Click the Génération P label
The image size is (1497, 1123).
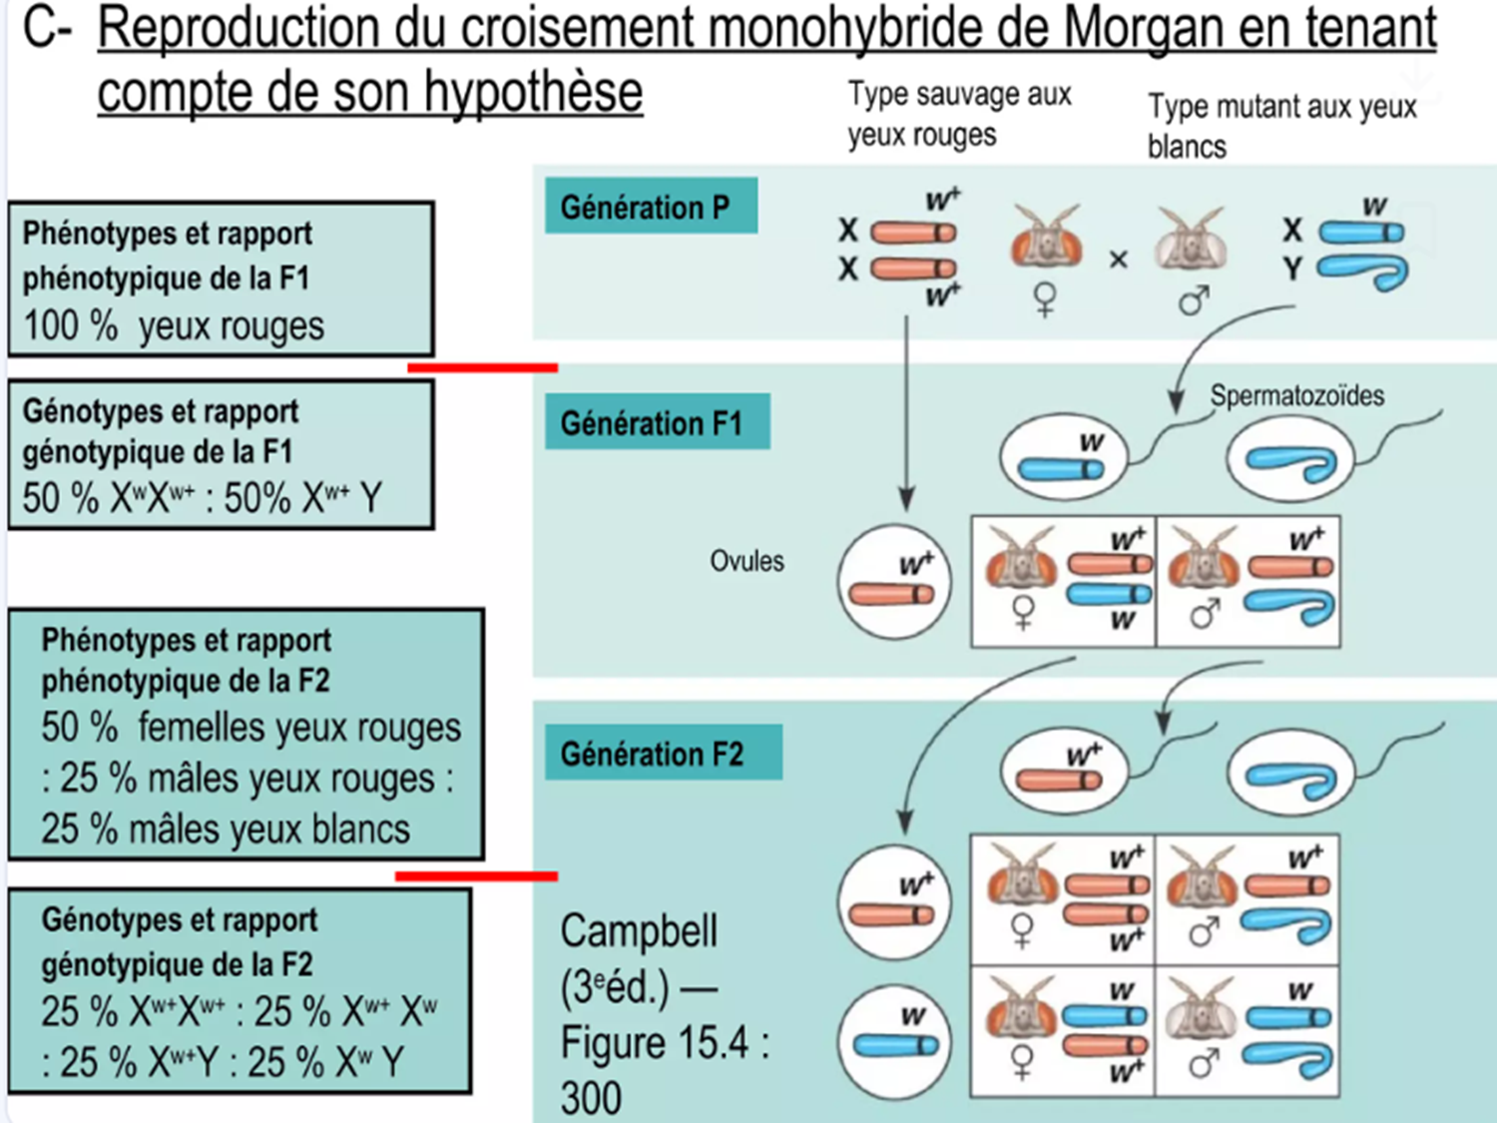[650, 207]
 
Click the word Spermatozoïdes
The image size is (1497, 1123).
[1296, 395]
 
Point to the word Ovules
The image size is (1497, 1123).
[747, 561]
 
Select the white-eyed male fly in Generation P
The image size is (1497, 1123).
[1190, 240]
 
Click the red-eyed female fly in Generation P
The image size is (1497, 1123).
[1046, 238]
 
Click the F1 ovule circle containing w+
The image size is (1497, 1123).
[893, 582]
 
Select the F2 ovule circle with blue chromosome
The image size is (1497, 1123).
[893, 1041]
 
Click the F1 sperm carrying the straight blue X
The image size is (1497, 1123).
[1064, 458]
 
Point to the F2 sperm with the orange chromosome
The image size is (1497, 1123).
[1064, 771]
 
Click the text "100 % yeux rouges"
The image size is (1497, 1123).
[174, 326]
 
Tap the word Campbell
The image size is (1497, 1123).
[639, 931]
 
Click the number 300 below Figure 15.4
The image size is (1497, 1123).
[591, 1098]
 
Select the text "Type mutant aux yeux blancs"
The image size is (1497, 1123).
[1280, 126]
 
